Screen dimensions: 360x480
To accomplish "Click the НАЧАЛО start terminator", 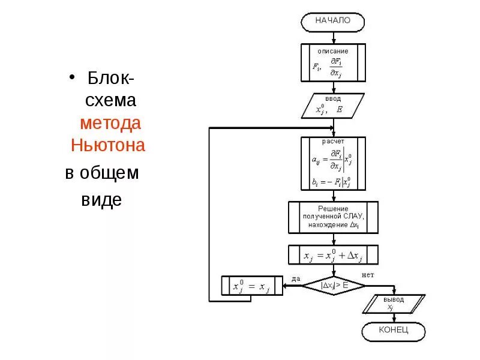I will point(333,21).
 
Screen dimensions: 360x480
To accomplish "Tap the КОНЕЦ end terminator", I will point(393,331).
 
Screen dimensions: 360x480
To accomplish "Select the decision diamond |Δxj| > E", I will point(333,286).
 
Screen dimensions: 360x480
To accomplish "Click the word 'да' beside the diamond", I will point(296,278).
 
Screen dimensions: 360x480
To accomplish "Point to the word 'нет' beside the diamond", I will point(368,275).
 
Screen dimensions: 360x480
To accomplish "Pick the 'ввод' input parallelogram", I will point(332,105).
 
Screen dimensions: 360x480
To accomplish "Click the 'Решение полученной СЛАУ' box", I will point(333,217).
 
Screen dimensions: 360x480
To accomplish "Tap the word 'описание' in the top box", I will point(333,52).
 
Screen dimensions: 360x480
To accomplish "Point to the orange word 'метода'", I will point(111,123).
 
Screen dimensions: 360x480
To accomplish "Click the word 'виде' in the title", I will point(101,199).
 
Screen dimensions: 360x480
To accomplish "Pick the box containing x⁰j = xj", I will point(251,286).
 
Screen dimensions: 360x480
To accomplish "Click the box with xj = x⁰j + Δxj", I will point(333,254).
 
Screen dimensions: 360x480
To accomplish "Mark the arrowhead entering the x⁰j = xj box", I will point(284,286).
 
